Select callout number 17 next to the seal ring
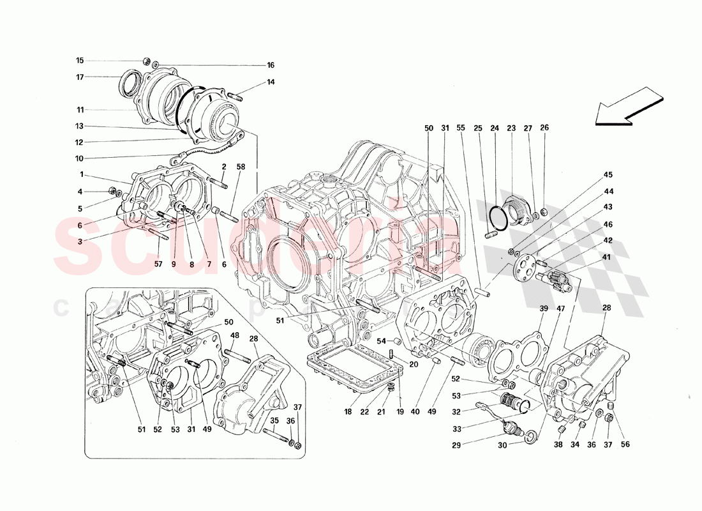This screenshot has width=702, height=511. click(80, 77)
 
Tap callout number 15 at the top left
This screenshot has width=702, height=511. click(80, 61)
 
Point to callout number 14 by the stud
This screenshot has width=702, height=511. click(271, 82)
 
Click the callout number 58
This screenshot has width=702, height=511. click(241, 167)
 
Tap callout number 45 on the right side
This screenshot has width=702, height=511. click(608, 175)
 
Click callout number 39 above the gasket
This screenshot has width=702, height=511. click(544, 309)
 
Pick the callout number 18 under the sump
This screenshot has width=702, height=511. click(348, 413)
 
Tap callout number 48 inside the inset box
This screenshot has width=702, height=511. click(235, 335)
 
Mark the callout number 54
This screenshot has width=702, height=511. click(380, 340)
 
